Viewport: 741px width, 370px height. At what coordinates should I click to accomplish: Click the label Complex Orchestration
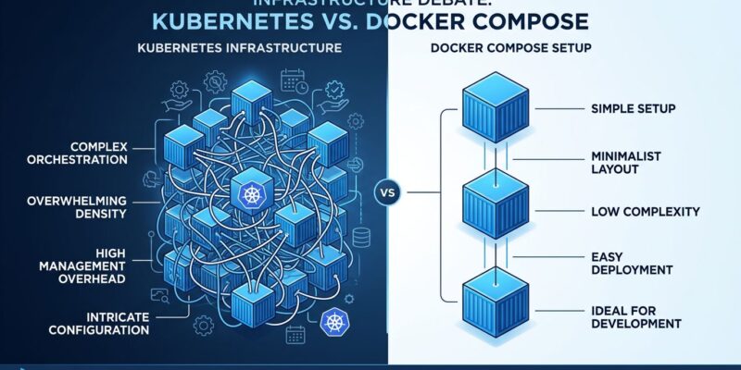point(89,153)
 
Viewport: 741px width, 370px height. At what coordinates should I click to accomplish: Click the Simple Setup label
point(633,110)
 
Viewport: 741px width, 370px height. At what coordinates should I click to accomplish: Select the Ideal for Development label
point(635,316)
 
